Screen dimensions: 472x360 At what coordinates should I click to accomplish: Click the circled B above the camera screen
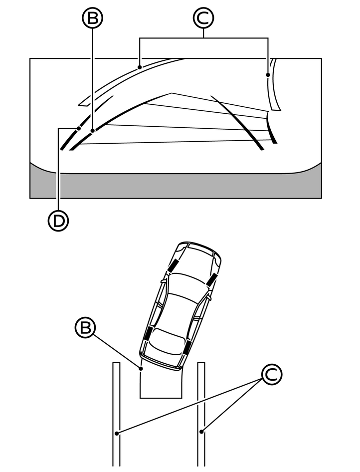click(x=92, y=19)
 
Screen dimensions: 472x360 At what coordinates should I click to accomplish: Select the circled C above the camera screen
click(x=203, y=19)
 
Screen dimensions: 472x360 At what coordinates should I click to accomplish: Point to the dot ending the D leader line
click(x=80, y=128)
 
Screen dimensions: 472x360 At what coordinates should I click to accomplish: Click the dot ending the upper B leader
click(x=93, y=131)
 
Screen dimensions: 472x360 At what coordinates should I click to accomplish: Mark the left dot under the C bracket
click(x=140, y=66)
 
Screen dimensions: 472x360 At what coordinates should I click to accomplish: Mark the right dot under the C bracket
click(x=268, y=75)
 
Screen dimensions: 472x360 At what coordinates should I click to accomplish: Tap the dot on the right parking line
click(x=202, y=430)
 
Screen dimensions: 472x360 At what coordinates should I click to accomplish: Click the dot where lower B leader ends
click(x=141, y=368)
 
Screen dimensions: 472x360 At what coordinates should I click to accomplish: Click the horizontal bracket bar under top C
click(x=203, y=38)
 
